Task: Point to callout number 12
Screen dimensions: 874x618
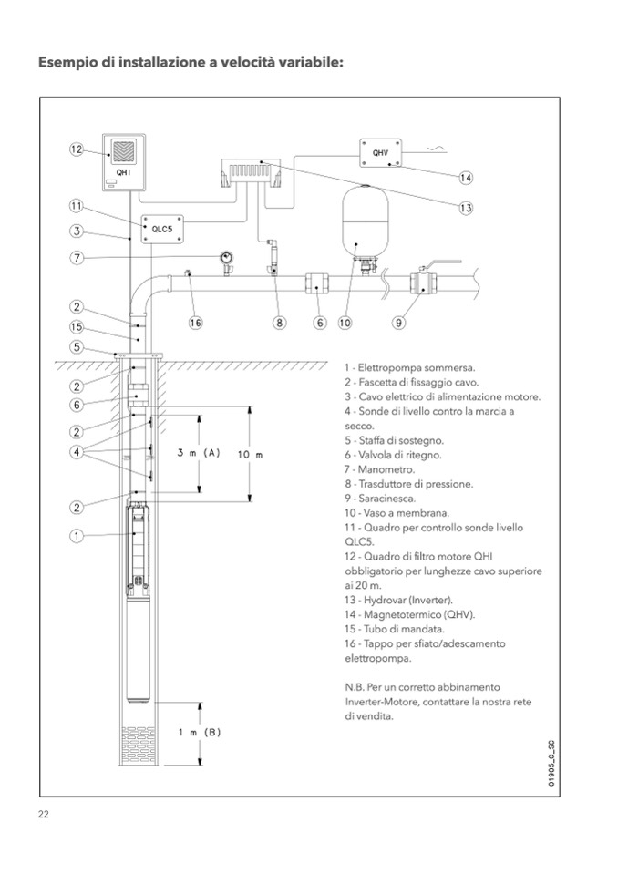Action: click(x=77, y=149)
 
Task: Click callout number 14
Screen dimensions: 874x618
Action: click(x=466, y=177)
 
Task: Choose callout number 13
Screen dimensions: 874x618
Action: click(x=466, y=208)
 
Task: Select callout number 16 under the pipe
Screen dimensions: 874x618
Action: click(x=195, y=322)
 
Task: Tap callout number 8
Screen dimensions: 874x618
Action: click(x=280, y=322)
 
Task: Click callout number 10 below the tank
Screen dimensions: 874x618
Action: click(x=345, y=322)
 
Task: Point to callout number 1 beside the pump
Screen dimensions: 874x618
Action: click(x=77, y=536)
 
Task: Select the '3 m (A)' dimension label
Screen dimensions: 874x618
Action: click(x=200, y=452)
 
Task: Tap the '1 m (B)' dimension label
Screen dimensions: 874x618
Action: click(x=200, y=732)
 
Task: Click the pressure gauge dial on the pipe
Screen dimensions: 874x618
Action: click(x=223, y=259)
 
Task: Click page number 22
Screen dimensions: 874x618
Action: click(x=43, y=814)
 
